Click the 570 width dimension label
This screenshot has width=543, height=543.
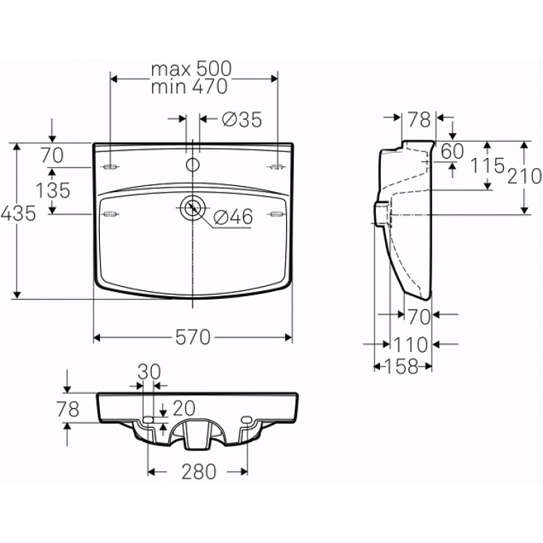193,337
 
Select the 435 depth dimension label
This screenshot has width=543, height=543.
18,213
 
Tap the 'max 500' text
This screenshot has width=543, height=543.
191,69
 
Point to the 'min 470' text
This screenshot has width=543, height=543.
189,86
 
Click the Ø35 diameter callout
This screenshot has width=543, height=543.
242,119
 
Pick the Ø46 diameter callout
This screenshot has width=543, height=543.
233,216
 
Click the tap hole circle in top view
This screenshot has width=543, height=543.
193,164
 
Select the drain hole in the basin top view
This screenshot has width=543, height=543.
192,208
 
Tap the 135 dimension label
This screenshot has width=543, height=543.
53,190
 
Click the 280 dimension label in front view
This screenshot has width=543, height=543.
199,471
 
